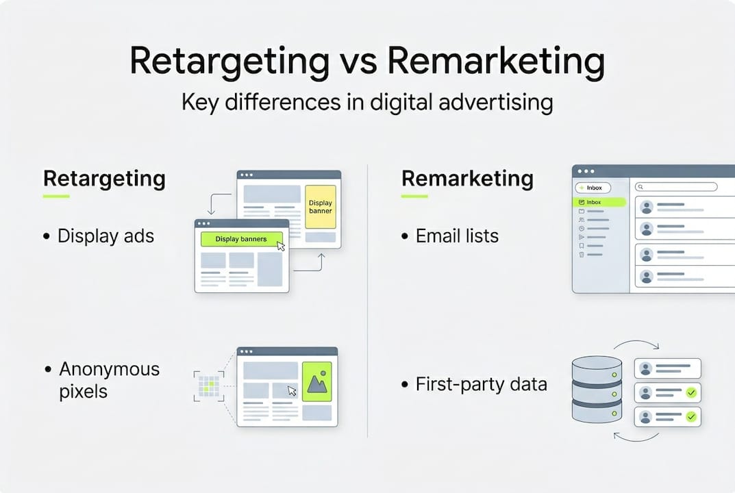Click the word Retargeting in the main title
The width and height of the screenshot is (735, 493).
(x=229, y=62)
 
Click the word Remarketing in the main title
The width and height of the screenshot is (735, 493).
(x=496, y=62)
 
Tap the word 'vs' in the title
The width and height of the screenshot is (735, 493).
(x=358, y=64)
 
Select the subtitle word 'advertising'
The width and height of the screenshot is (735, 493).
(x=496, y=103)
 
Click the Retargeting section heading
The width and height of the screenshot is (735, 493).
(x=104, y=179)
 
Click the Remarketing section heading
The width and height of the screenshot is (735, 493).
(x=467, y=179)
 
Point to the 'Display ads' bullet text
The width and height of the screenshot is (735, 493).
(x=105, y=236)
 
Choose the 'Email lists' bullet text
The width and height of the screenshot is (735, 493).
(x=457, y=236)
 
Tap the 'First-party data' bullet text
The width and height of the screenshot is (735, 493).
(x=482, y=384)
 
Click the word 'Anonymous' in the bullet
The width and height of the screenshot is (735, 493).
(x=109, y=369)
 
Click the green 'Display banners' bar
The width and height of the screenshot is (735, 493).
(x=241, y=239)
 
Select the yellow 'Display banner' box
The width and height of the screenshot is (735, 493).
(x=321, y=207)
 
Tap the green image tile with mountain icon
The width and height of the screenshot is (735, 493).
(x=317, y=381)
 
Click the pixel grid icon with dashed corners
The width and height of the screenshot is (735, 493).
(x=209, y=386)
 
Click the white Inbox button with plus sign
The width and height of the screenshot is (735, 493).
(x=593, y=188)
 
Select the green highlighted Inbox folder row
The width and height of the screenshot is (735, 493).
(x=599, y=203)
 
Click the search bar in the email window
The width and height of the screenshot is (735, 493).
(x=676, y=187)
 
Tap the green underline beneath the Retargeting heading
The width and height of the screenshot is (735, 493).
(x=56, y=197)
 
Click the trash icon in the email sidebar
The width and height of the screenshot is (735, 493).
(x=582, y=255)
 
